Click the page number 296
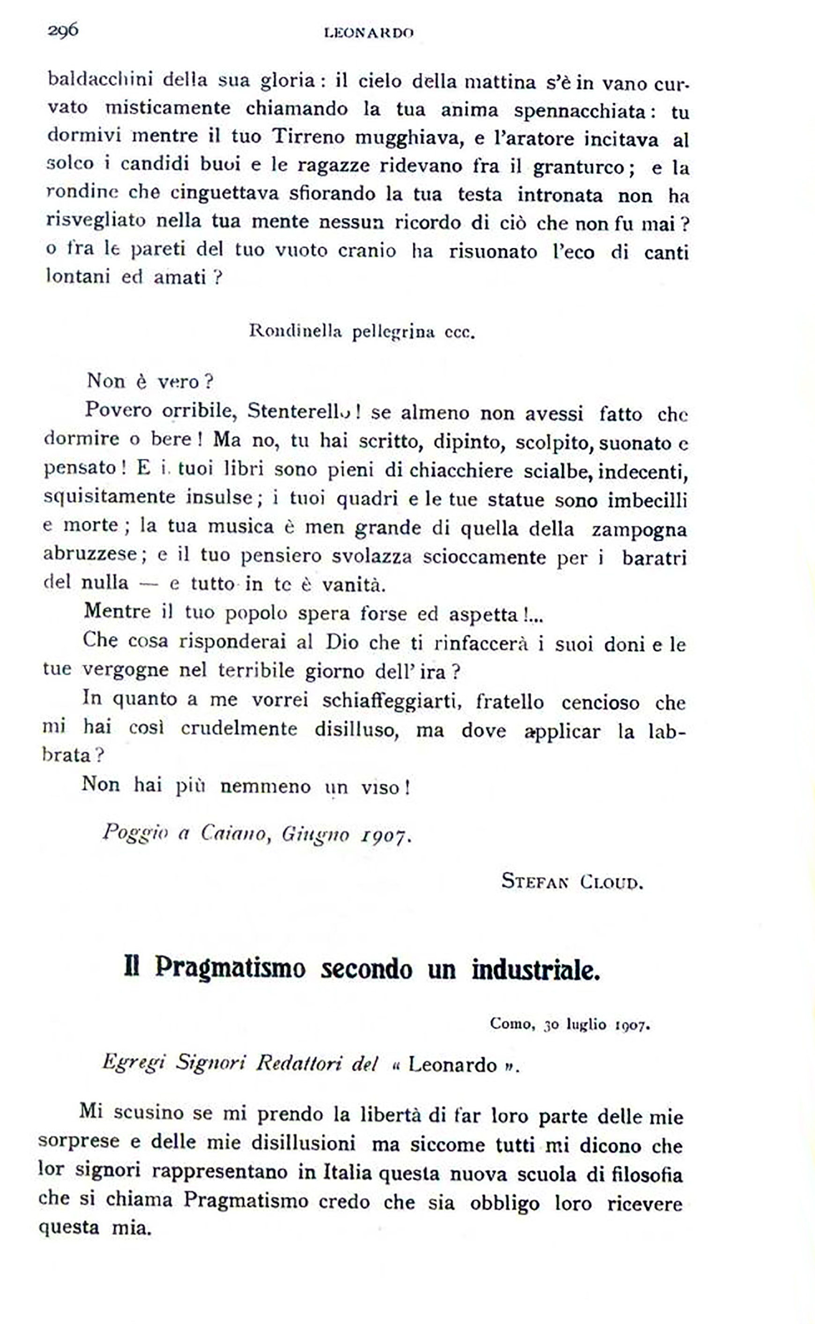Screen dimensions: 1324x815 63,30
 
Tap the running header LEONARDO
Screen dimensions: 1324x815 369,33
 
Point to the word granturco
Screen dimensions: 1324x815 578,168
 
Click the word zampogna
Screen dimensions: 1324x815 639,529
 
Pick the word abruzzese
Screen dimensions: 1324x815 90,554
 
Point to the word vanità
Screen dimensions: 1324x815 354,584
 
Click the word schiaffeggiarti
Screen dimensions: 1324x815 391,700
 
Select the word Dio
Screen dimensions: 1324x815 342,643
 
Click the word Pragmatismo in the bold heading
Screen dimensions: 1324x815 230,967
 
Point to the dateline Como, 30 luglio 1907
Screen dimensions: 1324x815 570,1024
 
